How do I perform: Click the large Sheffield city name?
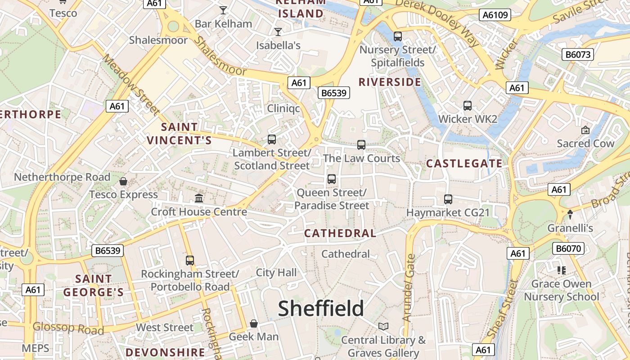pyautogui.click(x=321, y=309)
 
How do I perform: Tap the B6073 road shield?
pyautogui.click(x=578, y=55)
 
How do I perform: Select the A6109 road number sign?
pyautogui.click(x=495, y=15)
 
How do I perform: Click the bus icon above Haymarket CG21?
pyautogui.click(x=448, y=199)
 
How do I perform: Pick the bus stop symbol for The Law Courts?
pyautogui.click(x=361, y=145)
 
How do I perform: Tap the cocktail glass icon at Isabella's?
pyautogui.click(x=278, y=31)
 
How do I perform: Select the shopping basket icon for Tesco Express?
pyautogui.click(x=123, y=181)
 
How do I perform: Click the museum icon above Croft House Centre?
pyautogui.click(x=199, y=198)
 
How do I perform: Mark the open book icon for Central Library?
pyautogui.click(x=383, y=326)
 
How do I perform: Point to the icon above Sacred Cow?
pyautogui.click(x=585, y=130)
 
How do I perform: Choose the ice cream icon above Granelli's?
pyautogui.click(x=570, y=215)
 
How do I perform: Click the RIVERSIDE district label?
pyautogui.click(x=390, y=82)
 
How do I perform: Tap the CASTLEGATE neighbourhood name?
pyautogui.click(x=464, y=163)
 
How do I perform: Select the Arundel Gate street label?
pyautogui.click(x=409, y=288)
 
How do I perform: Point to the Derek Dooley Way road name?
pyautogui.click(x=436, y=20)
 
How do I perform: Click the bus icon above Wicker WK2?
pyautogui.click(x=468, y=106)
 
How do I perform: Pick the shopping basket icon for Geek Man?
pyautogui.click(x=254, y=324)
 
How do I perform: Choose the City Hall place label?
pyautogui.click(x=276, y=272)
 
